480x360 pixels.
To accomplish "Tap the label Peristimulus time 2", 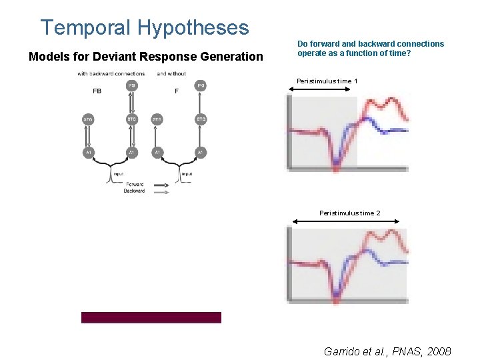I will (350, 213).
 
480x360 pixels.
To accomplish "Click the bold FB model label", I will (97, 91).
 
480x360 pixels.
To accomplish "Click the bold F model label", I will (176, 91).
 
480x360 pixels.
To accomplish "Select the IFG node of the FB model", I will (131, 85).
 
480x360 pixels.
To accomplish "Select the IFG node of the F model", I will (201, 85).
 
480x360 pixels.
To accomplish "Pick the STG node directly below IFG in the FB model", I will (131, 119).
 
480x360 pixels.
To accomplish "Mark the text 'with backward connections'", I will (110, 73).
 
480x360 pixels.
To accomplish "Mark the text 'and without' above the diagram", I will (171, 73).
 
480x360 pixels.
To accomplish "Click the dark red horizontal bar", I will (151, 317).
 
